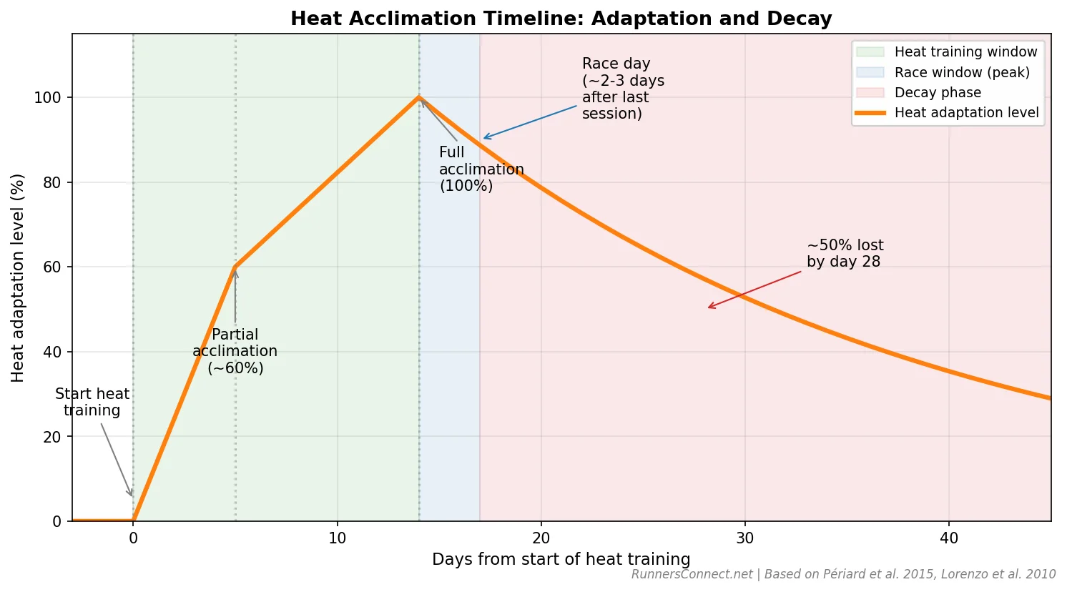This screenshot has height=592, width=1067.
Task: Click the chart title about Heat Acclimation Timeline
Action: pyautogui.click(x=561, y=19)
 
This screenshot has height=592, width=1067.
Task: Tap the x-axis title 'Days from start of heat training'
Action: pyautogui.click(x=561, y=559)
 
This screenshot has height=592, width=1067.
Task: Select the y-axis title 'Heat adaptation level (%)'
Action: pyautogui.click(x=18, y=277)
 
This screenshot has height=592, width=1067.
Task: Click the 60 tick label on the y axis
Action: pyautogui.click(x=51, y=267)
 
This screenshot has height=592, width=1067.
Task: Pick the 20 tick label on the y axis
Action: pyautogui.click(x=51, y=437)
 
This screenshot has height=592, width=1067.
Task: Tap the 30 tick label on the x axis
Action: pyautogui.click(x=744, y=538)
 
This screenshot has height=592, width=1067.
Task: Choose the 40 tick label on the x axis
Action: pyautogui.click(x=948, y=538)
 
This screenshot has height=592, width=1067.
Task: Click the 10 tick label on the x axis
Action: pyautogui.click(x=337, y=538)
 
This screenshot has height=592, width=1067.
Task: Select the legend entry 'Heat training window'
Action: pyautogui.click(x=965, y=52)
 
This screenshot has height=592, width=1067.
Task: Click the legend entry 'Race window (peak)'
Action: pyautogui.click(x=961, y=72)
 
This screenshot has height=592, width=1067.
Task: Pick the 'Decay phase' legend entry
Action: pyautogui.click(x=937, y=92)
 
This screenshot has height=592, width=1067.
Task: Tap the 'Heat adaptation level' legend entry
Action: pyautogui.click(x=965, y=112)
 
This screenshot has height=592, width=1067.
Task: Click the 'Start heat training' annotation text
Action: pyautogui.click(x=92, y=402)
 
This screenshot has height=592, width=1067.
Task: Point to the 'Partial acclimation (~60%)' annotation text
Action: pyautogui.click(x=235, y=351)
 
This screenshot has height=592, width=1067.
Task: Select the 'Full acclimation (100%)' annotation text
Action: pyautogui.click(x=481, y=169)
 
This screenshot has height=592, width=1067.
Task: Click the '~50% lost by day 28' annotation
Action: pyautogui.click(x=845, y=253)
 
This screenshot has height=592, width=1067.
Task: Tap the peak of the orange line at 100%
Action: pyautogui.click(x=419, y=97)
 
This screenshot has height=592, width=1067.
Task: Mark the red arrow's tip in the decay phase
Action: pyautogui.click(x=708, y=308)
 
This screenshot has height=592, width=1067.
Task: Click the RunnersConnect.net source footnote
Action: pyautogui.click(x=842, y=574)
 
